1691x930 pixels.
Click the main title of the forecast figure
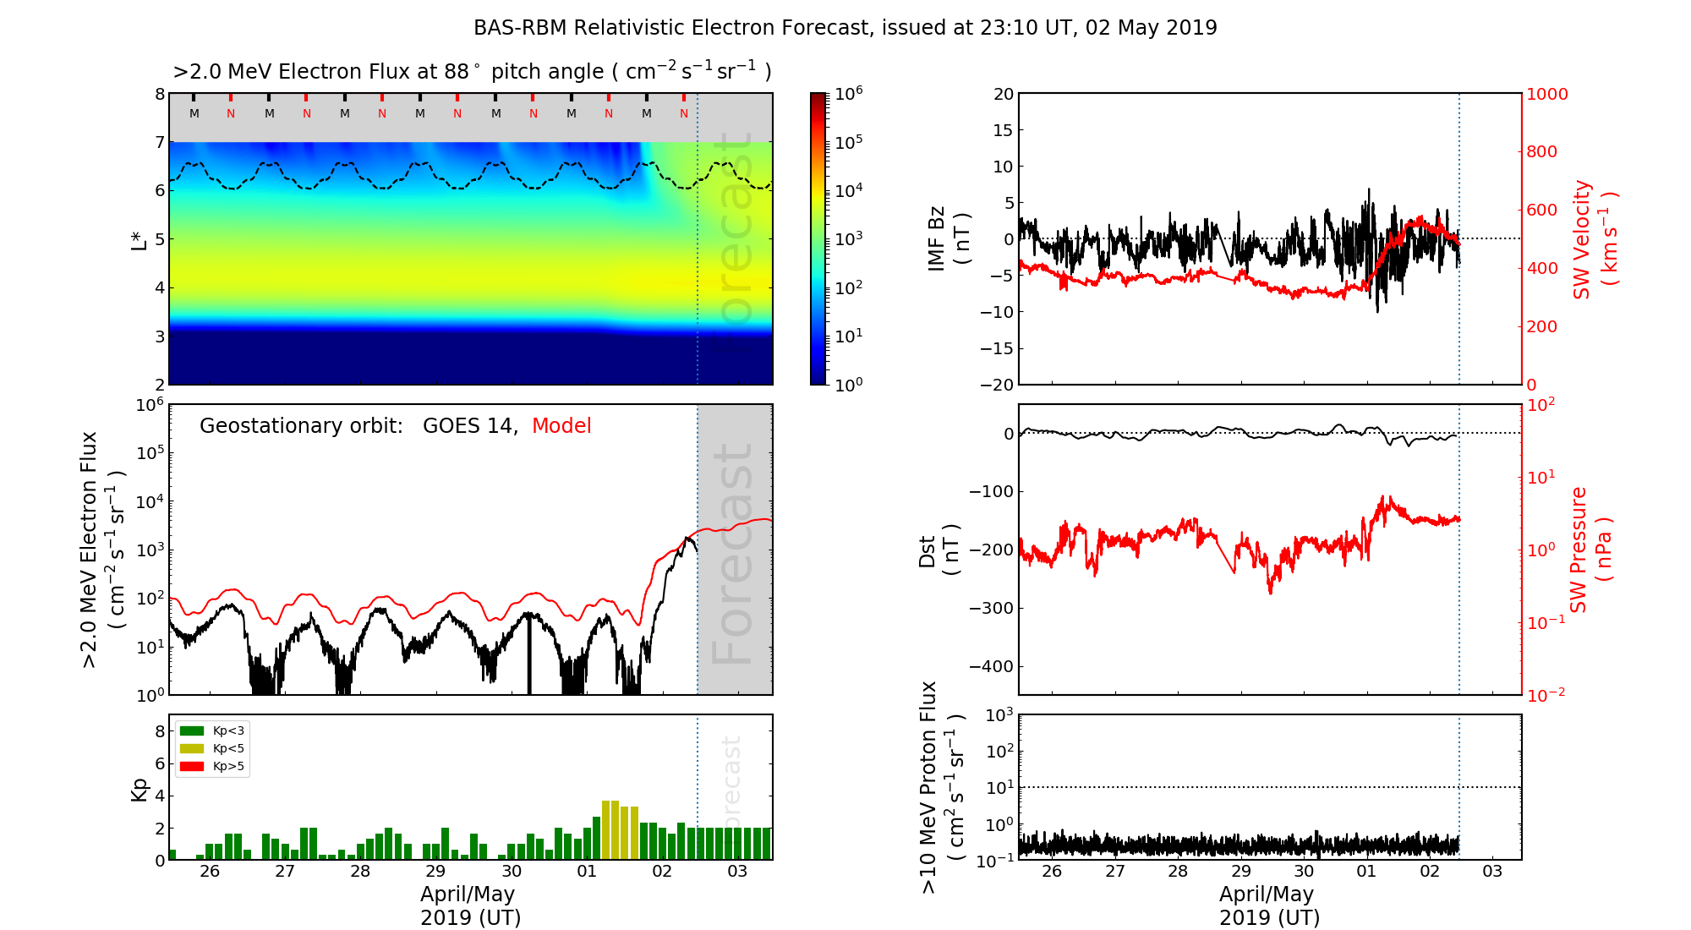[x=845, y=28]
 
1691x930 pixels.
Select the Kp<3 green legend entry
[x=212, y=730]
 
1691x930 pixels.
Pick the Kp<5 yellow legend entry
[x=212, y=748]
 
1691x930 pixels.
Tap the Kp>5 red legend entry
[x=212, y=767]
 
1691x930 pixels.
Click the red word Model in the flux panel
[x=561, y=426]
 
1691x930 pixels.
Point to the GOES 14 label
[x=469, y=426]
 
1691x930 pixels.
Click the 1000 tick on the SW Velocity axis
[x=1546, y=94]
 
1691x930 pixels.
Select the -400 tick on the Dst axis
[x=991, y=666]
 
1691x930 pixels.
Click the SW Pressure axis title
[x=1590, y=550]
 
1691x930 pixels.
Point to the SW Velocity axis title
[x=1594, y=239]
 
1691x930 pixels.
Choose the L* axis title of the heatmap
[x=139, y=238]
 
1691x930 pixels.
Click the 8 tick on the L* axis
[x=159, y=94]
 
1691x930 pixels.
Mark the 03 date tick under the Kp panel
[x=737, y=872]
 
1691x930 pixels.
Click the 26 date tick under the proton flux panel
[x=1051, y=872]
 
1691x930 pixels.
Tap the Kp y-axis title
[x=139, y=789]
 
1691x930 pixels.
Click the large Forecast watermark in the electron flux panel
[x=733, y=554]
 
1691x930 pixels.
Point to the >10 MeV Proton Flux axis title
[x=941, y=787]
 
